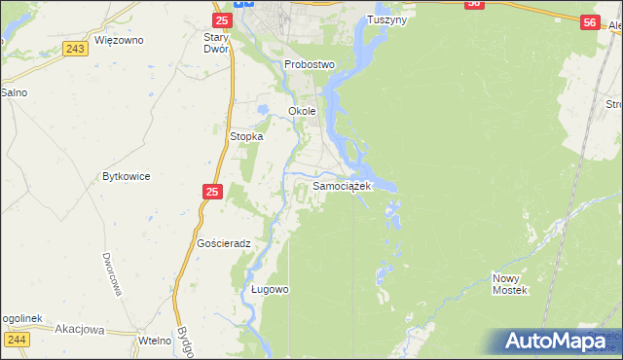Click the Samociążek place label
coord(342,186)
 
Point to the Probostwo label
coord(310,64)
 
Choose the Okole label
coord(302,111)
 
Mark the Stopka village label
coord(246,137)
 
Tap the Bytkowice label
coord(126,177)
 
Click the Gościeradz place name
coord(224,243)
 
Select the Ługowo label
coord(270,290)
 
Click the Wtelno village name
coord(154,340)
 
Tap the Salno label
coord(14,92)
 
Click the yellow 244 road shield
coord(17,339)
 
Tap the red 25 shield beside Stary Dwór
coord(222,19)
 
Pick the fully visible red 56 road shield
coord(588,22)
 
